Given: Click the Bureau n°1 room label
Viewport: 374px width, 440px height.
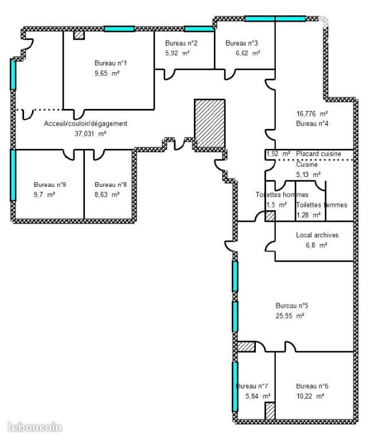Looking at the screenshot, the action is coord(111,63).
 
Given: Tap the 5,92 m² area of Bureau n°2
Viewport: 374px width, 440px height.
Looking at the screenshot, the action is coord(177,53).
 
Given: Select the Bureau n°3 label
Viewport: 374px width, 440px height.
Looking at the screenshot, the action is coord(241,43).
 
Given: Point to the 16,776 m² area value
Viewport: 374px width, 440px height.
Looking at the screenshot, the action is coord(312,113).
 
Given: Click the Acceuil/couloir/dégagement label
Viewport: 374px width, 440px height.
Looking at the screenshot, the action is coord(85,124).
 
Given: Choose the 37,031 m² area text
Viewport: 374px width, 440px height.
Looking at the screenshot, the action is coord(91,133).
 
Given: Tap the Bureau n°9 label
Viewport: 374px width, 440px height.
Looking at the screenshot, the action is coord(50,184).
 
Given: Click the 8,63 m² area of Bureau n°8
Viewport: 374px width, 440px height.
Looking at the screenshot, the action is coord(107,194).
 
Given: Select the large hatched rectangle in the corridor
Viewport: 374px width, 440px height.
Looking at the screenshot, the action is coord(209,123).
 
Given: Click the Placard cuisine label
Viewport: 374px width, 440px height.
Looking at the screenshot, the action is coord(318,154).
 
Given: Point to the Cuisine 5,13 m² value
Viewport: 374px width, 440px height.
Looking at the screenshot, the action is coord(309,175).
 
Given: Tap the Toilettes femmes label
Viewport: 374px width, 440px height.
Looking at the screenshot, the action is coord(321,205).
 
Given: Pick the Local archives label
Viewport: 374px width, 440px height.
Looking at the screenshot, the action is coord(317,235).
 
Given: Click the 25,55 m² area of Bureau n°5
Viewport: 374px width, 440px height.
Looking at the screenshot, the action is coord(290,316).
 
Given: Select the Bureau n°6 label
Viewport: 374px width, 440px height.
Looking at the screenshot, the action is coord(312,386).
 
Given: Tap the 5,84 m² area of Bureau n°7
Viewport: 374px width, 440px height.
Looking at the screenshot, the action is coord(258,396).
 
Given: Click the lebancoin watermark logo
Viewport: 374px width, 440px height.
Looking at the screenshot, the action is coord(35,427).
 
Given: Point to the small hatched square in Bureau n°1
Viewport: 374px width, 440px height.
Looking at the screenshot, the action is coord(79,35).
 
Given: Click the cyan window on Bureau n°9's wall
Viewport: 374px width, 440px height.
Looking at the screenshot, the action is coord(13,175).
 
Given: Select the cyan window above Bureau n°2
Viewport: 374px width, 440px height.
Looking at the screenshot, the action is coord(199,29).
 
